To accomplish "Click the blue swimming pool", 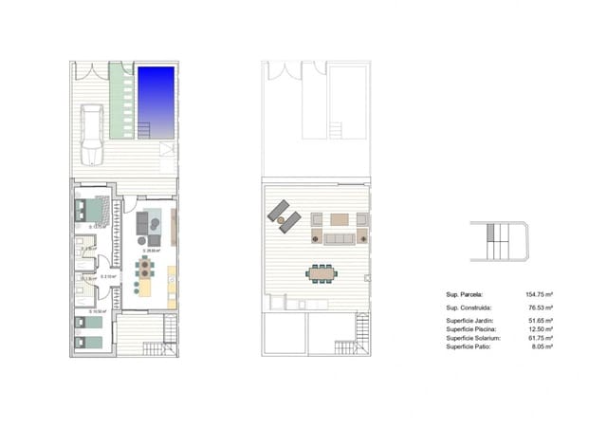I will pyautogui.click(x=157, y=101).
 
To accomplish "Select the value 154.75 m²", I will pyautogui.click(x=538, y=296).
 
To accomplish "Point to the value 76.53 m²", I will pyautogui.click(x=540, y=309).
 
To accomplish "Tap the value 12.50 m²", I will pyautogui.click(x=540, y=330).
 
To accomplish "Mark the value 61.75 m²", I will pyautogui.click(x=540, y=338).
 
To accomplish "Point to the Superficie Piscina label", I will pyautogui.click(x=469, y=330).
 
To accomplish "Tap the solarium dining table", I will pyautogui.click(x=321, y=272).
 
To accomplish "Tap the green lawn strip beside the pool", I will pyautogui.click(x=120, y=101).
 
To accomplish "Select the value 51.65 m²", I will pyautogui.click(x=540, y=323).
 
